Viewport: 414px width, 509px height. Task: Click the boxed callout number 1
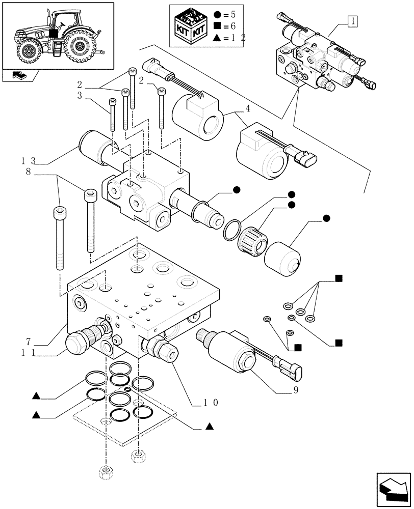tap(352, 21)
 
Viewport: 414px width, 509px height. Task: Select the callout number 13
tap(28, 160)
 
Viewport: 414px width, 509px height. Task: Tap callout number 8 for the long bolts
tap(29, 173)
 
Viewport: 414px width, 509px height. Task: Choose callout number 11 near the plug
tap(28, 352)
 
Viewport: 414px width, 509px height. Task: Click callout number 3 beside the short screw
tap(80, 95)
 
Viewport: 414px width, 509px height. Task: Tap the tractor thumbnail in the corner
tap(57, 36)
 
